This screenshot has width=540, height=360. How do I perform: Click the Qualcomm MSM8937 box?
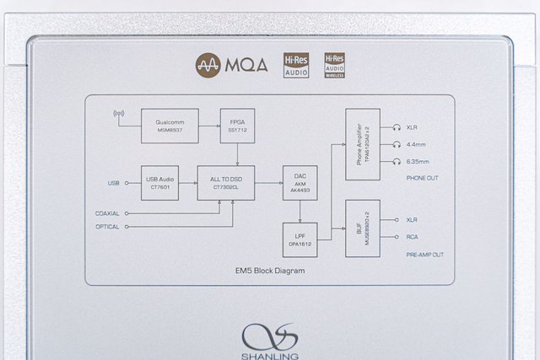[170, 125]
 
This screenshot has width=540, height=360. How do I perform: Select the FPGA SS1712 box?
[236, 125]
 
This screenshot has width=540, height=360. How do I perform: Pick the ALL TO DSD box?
[225, 183]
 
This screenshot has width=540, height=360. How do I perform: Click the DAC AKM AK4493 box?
[300, 183]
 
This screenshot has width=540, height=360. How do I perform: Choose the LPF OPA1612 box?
[300, 239]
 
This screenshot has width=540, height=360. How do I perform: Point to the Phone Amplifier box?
[363, 143]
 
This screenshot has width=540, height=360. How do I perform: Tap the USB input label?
[114, 183]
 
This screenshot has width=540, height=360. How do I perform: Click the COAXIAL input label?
[107, 213]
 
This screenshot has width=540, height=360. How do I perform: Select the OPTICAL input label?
[108, 227]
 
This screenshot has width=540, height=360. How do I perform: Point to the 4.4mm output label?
[417, 143]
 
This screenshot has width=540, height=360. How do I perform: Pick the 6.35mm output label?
[418, 160]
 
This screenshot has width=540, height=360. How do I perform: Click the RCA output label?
[413, 237]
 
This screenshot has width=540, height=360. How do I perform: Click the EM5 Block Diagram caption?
[270, 271]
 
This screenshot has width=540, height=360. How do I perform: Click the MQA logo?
[231, 64]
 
